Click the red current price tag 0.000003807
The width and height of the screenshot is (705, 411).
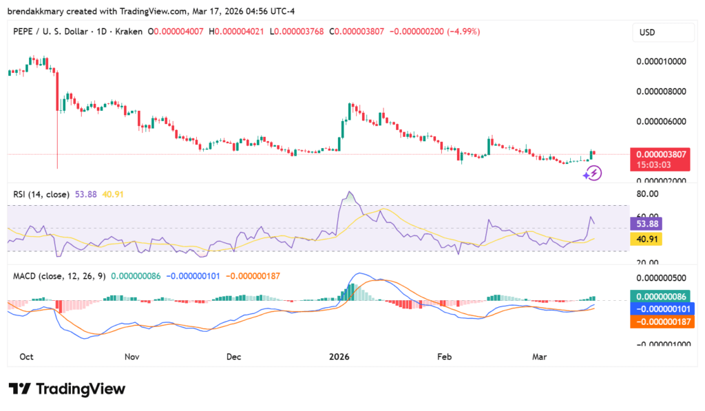[661, 154]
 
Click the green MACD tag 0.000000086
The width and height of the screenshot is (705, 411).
[661, 295]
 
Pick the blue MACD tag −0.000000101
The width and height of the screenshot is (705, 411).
[661, 308]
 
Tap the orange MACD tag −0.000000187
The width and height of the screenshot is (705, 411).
[661, 320]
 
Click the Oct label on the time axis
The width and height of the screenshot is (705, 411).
[27, 357]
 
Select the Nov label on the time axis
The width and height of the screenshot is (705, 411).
[132, 357]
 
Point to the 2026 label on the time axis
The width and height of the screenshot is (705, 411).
[339, 357]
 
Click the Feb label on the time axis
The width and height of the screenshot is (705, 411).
[444, 357]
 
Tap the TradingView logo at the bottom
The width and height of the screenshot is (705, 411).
[67, 389]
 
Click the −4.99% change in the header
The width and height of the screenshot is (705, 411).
[465, 32]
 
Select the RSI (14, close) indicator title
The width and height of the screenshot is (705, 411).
[41, 195]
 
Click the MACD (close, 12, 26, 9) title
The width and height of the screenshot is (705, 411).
[59, 275]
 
